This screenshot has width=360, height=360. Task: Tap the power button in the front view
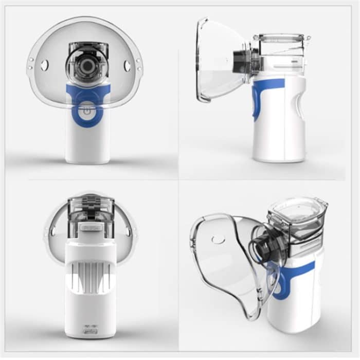(87, 111)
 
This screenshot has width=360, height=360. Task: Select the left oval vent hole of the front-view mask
(45, 65)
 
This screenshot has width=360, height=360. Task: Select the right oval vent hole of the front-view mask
(127, 66)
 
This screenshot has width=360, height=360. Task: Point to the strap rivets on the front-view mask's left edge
(31, 63)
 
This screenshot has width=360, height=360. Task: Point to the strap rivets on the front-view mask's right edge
(139, 64)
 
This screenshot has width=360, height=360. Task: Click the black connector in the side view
(241, 61)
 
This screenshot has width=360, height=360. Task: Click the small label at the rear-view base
(89, 327)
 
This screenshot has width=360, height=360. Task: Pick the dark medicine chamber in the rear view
(90, 208)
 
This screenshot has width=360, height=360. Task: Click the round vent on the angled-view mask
(219, 239)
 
